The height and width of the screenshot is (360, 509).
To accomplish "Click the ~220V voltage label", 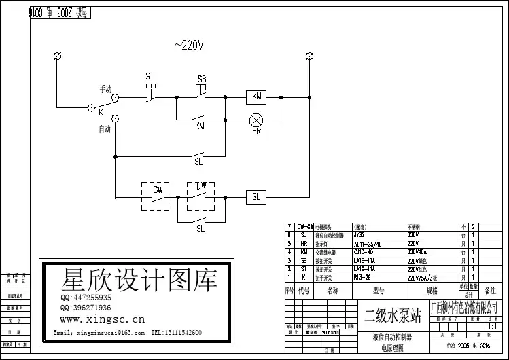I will pos(190,46).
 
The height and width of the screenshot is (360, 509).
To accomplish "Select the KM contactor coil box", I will pos(256,96).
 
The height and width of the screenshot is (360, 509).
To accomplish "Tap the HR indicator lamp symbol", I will pos(256,120).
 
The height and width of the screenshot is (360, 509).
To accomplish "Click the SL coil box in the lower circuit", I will pos(256,197).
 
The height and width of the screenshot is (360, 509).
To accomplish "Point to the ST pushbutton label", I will pos(150,77).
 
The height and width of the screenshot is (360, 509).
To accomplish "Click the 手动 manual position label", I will pos(105,90).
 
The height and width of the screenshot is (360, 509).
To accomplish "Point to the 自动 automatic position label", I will pos(105,129).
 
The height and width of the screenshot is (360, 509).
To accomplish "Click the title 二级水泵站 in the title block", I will pos(393,316).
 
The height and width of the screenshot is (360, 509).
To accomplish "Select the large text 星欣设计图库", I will pos(139,280).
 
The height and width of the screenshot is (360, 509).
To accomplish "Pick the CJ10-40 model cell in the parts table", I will pos(366,252).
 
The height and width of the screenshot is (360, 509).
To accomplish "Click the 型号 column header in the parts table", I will pos(376,291).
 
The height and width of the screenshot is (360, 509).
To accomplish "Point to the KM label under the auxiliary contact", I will pos(200,126).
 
